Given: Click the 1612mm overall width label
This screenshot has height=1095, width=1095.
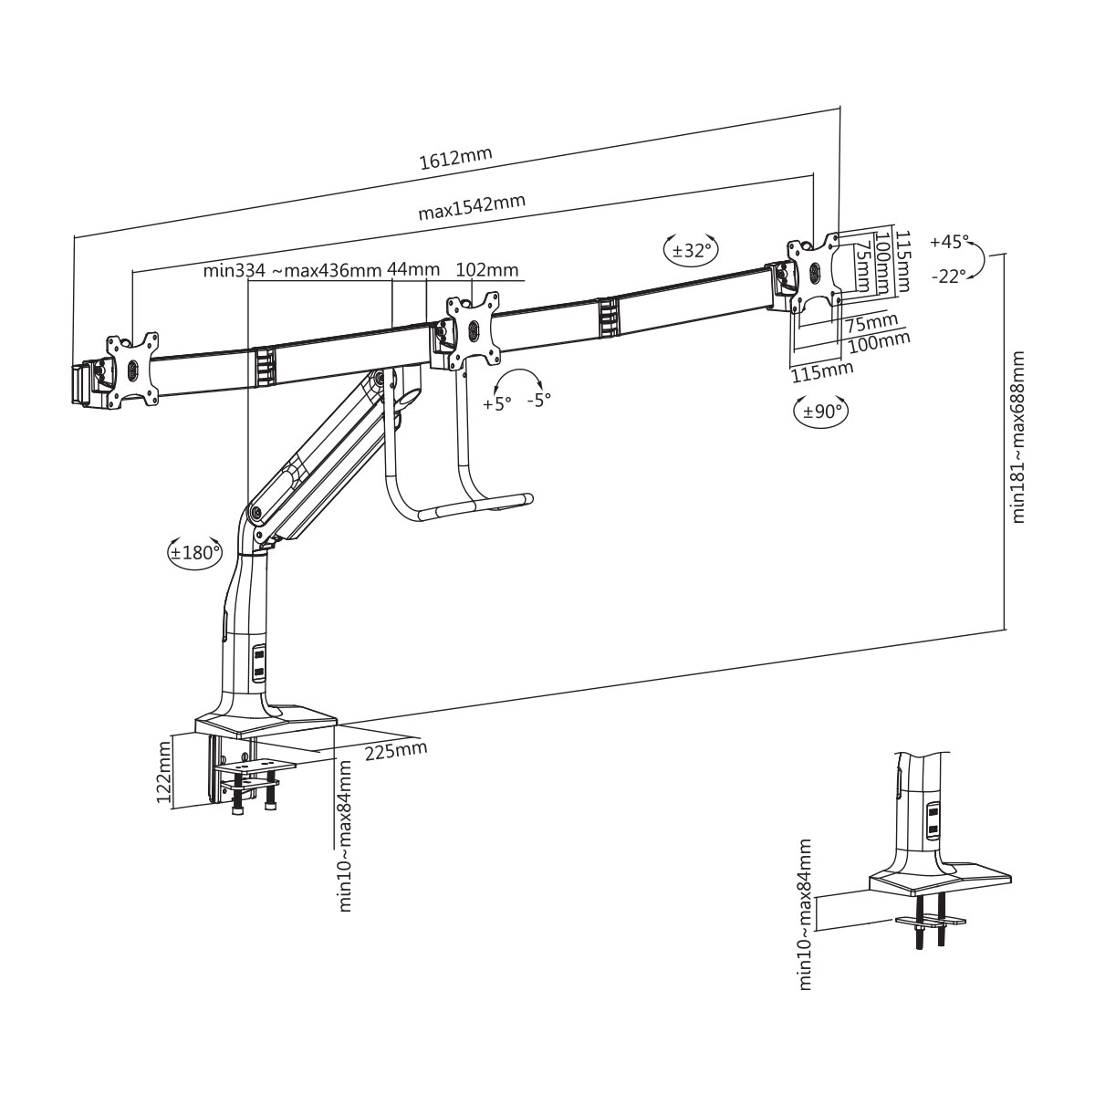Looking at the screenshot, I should click(455, 158).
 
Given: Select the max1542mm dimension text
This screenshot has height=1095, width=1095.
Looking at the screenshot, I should click(471, 207).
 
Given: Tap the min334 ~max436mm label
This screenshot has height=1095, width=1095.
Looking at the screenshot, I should click(291, 270).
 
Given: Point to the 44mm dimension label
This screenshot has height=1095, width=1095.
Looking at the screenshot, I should click(413, 269).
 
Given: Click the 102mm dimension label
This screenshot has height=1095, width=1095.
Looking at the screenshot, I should click(486, 269).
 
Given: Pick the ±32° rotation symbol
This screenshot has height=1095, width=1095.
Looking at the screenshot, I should click(691, 249).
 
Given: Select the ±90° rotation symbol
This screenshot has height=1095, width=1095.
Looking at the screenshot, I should click(820, 411).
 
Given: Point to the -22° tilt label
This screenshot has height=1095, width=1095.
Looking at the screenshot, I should click(948, 276).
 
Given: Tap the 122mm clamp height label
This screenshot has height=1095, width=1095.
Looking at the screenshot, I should click(165, 772).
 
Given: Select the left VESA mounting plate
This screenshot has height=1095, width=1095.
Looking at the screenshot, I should click(130, 369).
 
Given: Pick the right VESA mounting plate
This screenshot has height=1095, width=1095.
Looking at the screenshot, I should click(814, 272).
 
